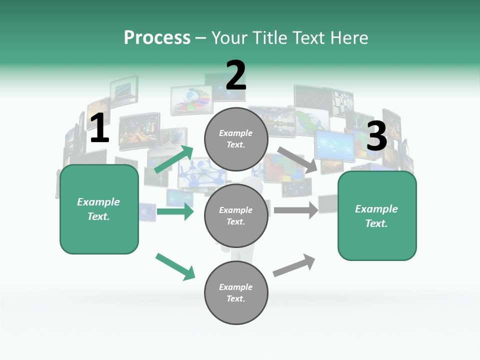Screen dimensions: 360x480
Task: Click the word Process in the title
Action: (157, 37)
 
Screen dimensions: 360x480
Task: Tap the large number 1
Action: (99, 128)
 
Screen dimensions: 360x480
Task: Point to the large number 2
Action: (236, 75)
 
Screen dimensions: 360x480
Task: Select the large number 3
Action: (376, 136)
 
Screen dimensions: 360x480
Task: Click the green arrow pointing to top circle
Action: (174, 159)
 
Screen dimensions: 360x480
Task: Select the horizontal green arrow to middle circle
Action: (175, 212)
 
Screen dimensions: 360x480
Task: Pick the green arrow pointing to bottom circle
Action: (175, 266)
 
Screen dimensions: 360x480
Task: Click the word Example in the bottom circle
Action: (235, 287)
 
